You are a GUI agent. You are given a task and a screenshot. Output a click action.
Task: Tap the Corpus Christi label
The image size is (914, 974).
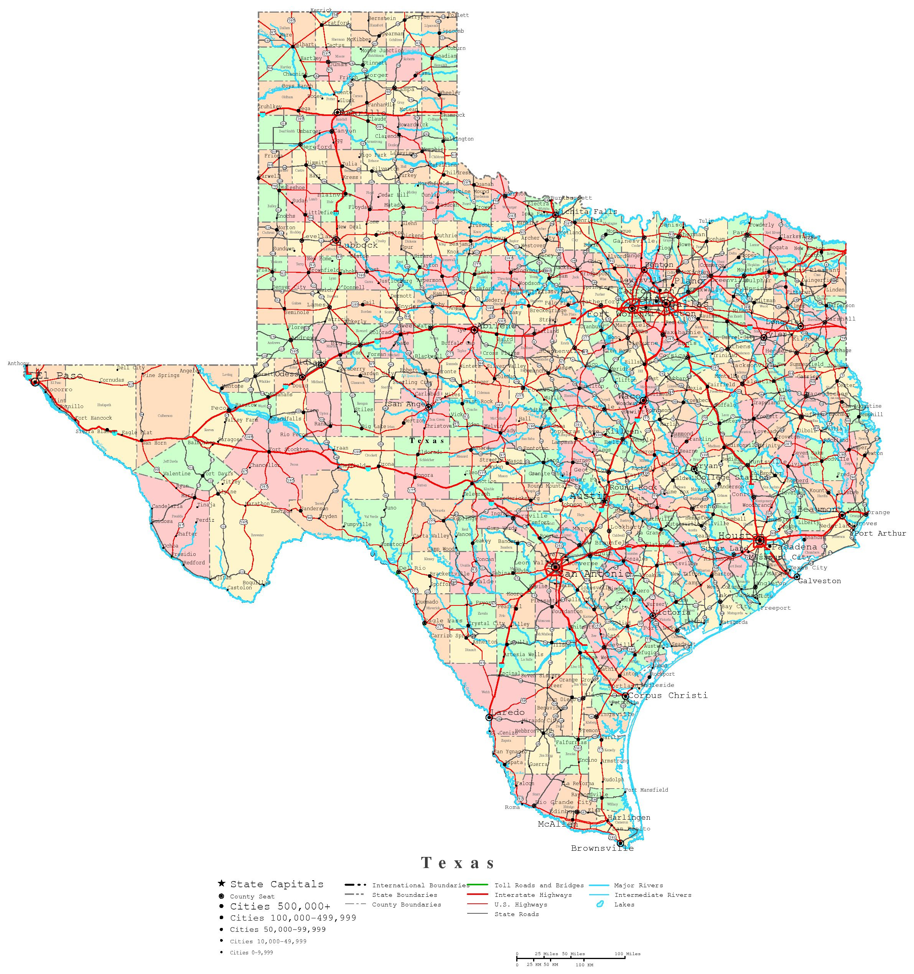click(668, 695)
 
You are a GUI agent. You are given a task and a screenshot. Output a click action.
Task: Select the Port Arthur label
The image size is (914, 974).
click(880, 533)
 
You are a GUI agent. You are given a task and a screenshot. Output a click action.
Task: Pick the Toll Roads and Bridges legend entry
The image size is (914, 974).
click(539, 899)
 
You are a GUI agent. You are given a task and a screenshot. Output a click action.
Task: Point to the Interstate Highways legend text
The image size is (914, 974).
click(533, 909)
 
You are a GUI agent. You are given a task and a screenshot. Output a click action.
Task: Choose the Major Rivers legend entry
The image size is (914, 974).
click(638, 899)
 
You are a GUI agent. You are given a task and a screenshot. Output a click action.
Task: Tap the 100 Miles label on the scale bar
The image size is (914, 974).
click(627, 953)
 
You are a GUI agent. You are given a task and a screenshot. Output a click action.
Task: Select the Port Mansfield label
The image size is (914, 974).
click(646, 790)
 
